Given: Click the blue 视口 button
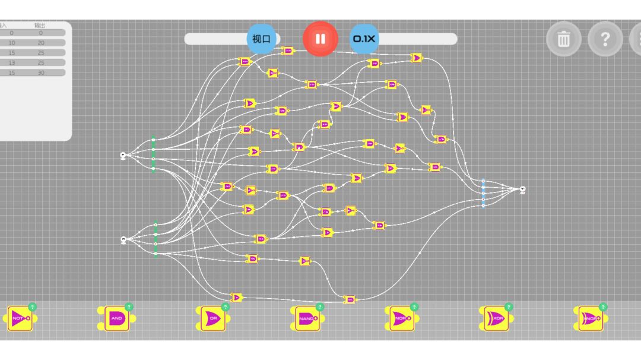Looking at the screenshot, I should pos(261,39).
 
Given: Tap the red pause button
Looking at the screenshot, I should pos(320,39).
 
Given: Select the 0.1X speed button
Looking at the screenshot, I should pos(364,39).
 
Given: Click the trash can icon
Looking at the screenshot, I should pos(563,39).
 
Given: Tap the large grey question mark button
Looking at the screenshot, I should pos(605,39).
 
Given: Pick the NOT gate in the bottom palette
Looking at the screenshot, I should pos(20,319).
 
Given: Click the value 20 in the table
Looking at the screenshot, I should pos(41,43).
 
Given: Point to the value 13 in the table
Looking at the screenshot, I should pos(12,62).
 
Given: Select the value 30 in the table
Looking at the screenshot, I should pos(41,72).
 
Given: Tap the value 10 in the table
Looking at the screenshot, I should pos(12,43).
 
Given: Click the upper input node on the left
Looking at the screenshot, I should pos(123,156).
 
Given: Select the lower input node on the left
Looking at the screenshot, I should pos(123,240).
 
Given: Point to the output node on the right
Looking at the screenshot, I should pos(522,190).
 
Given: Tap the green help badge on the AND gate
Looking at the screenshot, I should pos(129,307).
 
